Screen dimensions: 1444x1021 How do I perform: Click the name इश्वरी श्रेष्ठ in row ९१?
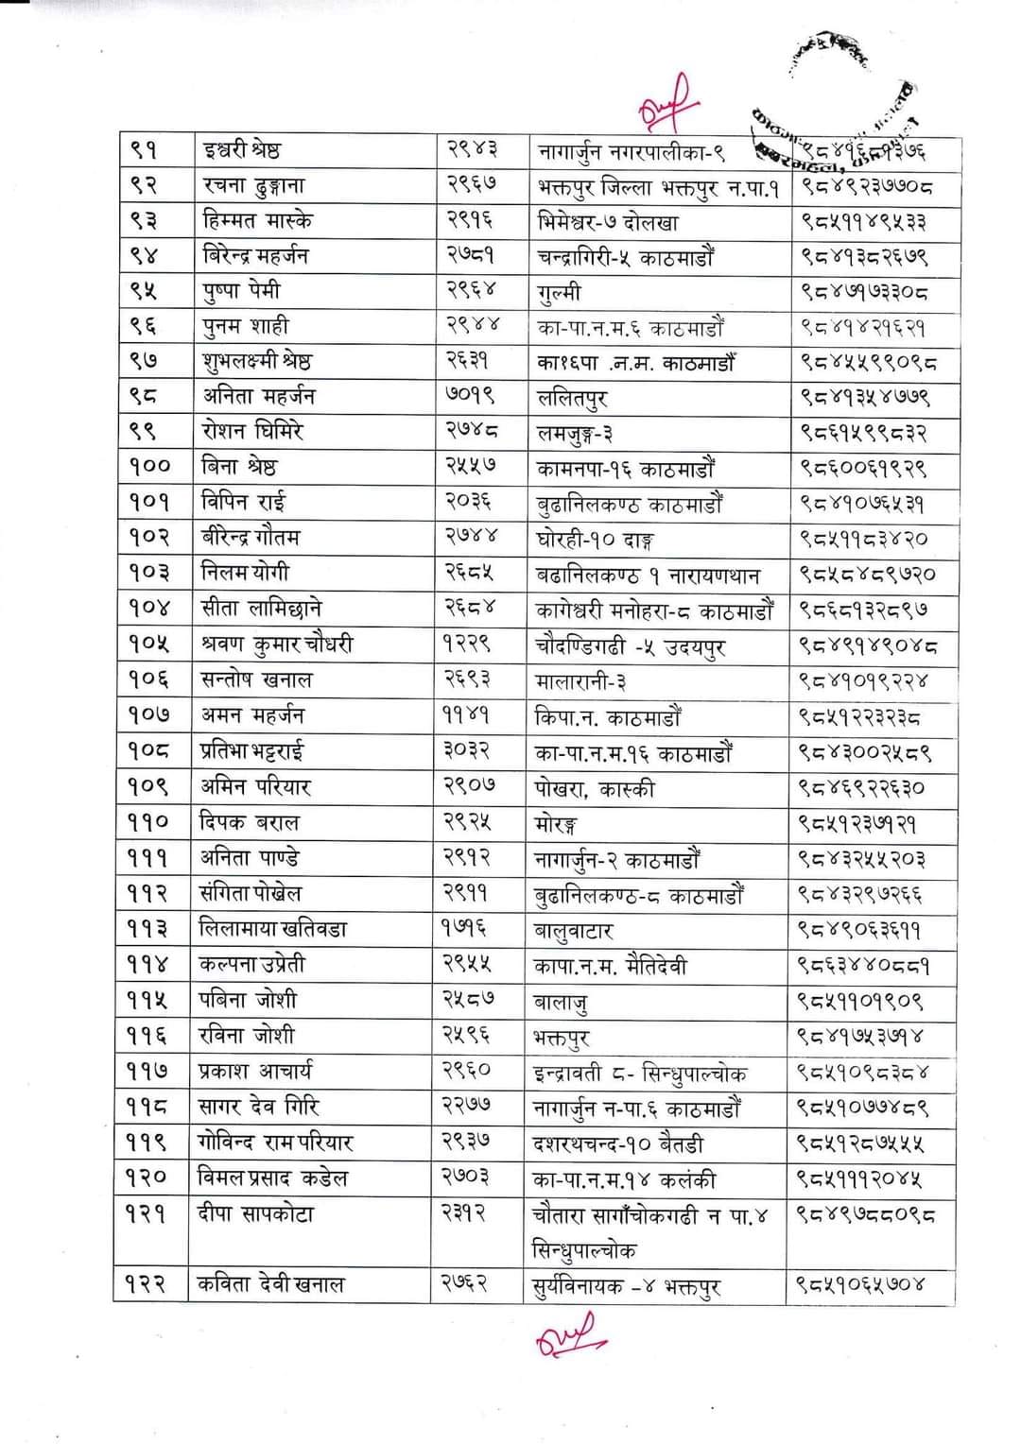tap(241, 150)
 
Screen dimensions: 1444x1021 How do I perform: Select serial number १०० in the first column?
tap(149, 467)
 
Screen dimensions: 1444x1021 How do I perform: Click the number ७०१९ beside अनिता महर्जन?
tap(470, 396)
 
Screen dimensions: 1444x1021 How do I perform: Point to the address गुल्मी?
tap(558, 292)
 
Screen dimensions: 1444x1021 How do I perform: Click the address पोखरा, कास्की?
tap(595, 788)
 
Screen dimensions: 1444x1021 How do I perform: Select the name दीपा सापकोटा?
tap(255, 1214)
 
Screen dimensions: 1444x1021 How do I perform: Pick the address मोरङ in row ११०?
tap(556, 824)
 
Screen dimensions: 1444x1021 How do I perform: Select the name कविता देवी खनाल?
tap(270, 1285)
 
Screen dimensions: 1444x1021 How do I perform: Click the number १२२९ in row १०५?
tap(468, 645)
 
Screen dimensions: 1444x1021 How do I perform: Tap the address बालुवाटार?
tap(574, 931)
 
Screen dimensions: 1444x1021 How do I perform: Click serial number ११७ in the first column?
tap(148, 1073)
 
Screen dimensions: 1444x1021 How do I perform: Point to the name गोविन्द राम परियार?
tap(275, 1143)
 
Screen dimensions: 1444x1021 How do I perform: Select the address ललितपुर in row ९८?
tap(571, 398)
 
